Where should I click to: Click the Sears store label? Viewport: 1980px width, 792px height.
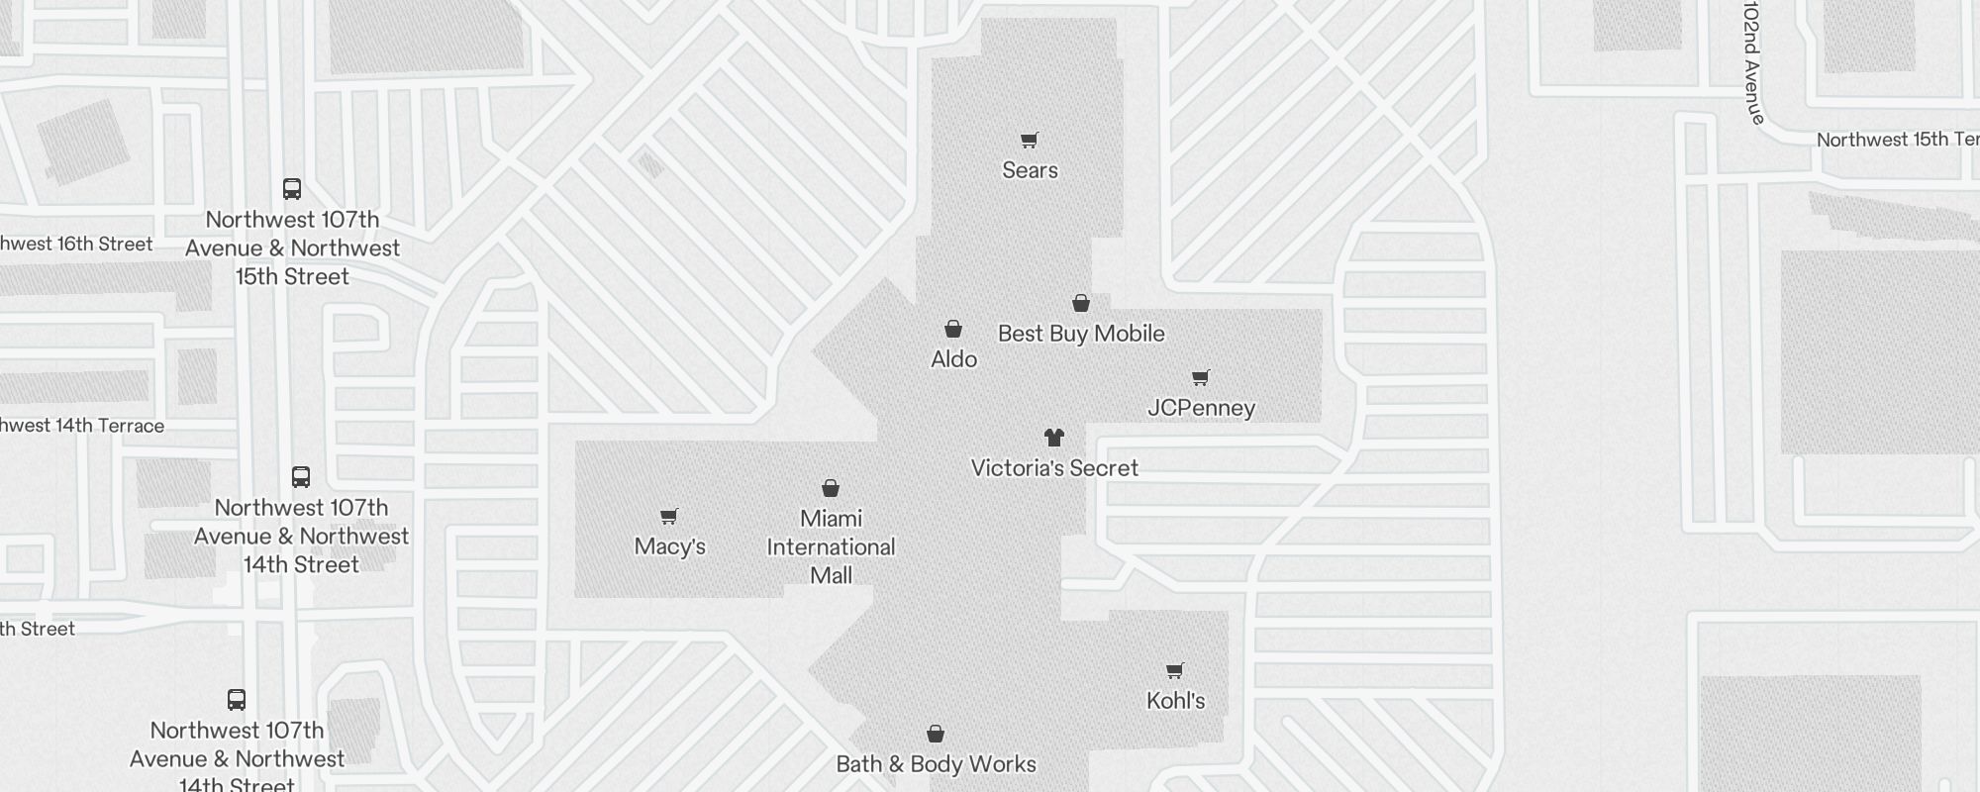(1030, 170)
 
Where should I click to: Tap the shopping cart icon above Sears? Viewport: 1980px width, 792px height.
(1030, 141)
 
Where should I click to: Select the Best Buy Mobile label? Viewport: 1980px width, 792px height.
(1081, 334)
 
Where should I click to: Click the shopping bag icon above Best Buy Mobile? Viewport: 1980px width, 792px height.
(1081, 303)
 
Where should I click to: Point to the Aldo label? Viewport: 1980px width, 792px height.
(953, 359)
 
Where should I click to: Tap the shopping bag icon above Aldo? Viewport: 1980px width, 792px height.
(953, 329)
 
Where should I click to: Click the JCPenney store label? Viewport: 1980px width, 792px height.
(1201, 408)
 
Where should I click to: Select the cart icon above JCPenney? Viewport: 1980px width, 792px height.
(1201, 377)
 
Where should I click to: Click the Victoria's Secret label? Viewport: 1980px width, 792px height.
(1054, 468)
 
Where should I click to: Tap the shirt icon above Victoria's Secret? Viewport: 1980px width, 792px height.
(1054, 438)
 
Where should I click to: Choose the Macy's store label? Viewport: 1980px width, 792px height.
(669, 546)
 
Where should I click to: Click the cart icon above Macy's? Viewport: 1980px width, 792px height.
(669, 516)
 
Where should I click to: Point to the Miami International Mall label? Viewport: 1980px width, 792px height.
(831, 546)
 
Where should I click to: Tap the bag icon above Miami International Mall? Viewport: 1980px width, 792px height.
(831, 488)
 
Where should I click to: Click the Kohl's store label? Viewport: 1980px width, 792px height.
(1175, 701)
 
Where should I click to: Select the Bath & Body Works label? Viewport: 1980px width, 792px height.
(936, 764)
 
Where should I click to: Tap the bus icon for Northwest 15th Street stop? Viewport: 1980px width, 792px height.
(292, 189)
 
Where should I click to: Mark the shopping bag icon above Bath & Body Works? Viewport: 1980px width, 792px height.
(936, 734)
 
